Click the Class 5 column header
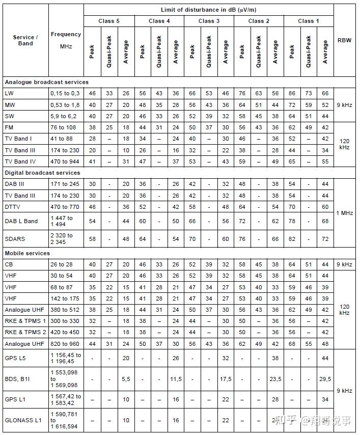pyautogui.click(x=109, y=21)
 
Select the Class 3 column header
pyautogui.click(x=209, y=21)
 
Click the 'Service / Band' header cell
pyautogui.click(x=25, y=40)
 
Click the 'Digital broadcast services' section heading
pyautogui.click(x=42, y=173)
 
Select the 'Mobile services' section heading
pyautogui.click(x=27, y=253)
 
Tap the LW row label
pyautogui.click(x=9, y=94)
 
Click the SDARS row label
pyautogui.click(x=15, y=238)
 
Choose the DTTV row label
pyautogui.click(x=13, y=206)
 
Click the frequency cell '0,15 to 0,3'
pyautogui.click(x=65, y=94)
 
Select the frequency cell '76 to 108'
pyautogui.click(x=63, y=127)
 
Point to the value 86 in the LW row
pyautogui.click(x=292, y=94)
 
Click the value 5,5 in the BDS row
pyautogui.click(x=126, y=379)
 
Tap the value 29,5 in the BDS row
pyautogui.click(x=325, y=379)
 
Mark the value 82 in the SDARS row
pyautogui.click(x=292, y=238)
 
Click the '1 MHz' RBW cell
pyautogui.click(x=344, y=212)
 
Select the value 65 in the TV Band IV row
pyautogui.click(x=292, y=161)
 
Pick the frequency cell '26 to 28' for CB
pyautogui.click(x=61, y=264)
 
